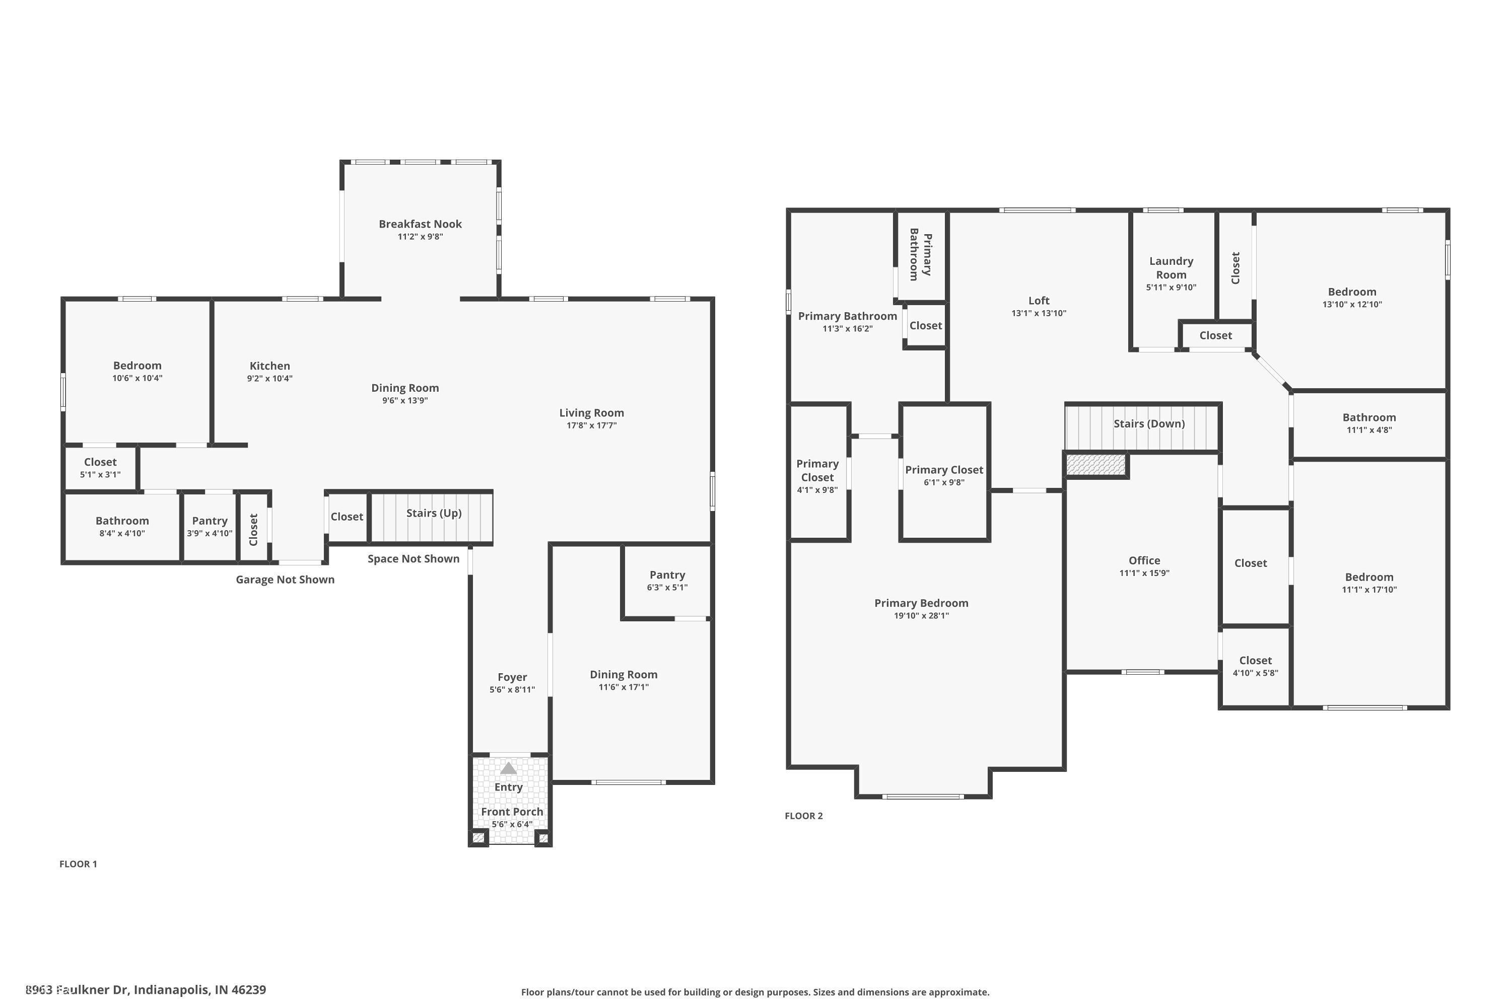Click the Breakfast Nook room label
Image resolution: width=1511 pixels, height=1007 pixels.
tap(420, 224)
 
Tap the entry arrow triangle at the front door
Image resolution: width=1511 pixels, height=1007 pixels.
tap(508, 768)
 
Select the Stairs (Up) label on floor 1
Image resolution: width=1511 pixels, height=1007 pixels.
tap(434, 513)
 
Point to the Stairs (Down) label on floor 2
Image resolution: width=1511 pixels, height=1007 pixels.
tap(1149, 424)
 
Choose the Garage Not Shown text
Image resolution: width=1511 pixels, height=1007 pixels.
tap(285, 580)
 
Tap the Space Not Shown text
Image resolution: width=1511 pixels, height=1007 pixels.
tap(413, 559)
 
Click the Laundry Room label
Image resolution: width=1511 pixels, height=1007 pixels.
tap(1171, 268)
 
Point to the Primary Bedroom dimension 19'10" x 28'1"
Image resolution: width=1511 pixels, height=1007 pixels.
tap(921, 616)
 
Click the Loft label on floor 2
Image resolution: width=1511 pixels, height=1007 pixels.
tap(1038, 301)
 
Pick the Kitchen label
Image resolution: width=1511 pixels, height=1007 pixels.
tap(269, 366)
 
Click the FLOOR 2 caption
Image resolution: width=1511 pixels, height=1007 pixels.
tap(803, 816)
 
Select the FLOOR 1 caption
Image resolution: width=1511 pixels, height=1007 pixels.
tap(78, 865)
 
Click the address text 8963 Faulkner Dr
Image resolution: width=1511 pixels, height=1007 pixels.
tap(145, 990)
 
